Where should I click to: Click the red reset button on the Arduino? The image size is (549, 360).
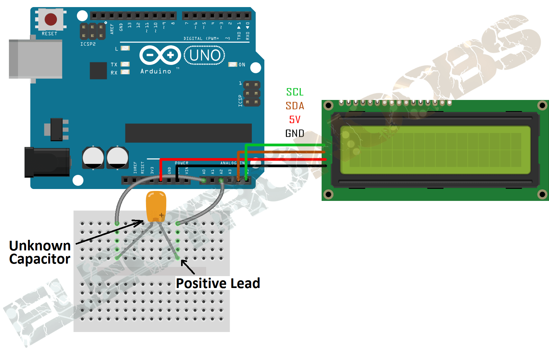(x=50, y=19)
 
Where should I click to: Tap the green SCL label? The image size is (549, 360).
(x=295, y=92)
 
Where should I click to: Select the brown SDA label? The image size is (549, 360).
(x=295, y=106)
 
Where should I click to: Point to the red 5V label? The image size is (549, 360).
(x=295, y=120)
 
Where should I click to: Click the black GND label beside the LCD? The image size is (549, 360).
(x=295, y=133)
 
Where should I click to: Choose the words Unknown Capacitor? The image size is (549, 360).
(x=40, y=252)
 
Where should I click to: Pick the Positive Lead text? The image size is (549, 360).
(x=218, y=283)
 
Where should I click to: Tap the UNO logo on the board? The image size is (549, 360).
(x=205, y=55)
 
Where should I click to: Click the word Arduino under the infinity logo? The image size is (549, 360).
(x=156, y=71)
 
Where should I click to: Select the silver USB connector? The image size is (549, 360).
(x=35, y=59)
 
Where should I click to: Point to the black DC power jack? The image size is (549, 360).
(x=47, y=162)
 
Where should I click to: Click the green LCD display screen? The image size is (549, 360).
(x=435, y=150)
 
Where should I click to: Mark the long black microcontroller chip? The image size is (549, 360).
(x=188, y=133)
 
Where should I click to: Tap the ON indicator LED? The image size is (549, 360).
(x=233, y=65)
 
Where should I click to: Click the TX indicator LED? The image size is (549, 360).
(x=125, y=64)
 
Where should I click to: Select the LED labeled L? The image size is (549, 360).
(x=125, y=48)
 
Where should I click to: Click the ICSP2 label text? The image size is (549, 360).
(x=88, y=44)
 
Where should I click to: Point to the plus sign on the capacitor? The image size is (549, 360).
(x=161, y=215)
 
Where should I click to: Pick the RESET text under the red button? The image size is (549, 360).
(x=50, y=34)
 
